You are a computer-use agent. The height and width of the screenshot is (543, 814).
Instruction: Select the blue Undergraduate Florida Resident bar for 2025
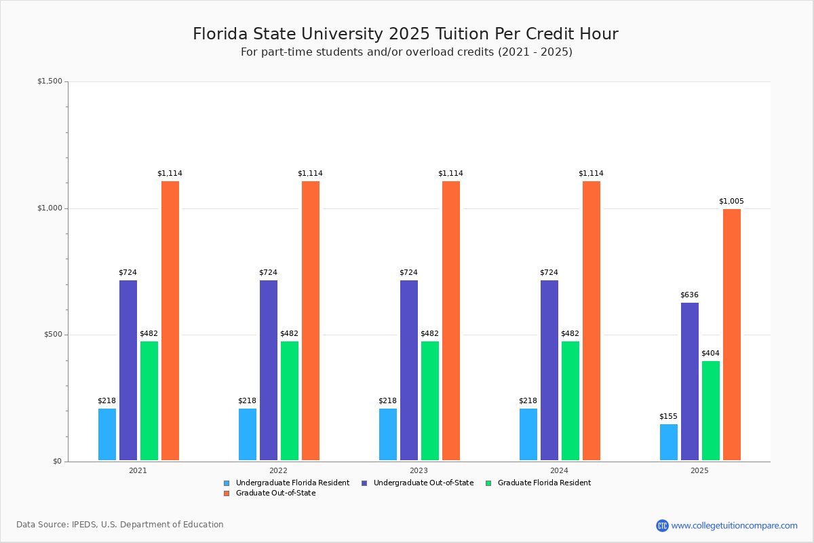pos(669,443)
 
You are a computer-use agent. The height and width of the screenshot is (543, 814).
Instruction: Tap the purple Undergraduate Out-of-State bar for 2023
pos(409,370)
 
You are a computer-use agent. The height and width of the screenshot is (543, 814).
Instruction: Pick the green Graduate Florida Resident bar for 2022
pos(290,400)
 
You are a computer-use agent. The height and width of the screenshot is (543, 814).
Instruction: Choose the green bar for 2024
pos(570,400)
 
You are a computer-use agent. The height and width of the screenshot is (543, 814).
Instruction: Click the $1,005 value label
pos(731,201)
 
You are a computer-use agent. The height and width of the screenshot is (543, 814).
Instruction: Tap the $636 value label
pos(689,295)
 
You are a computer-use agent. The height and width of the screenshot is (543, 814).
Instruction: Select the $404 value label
pos(710,353)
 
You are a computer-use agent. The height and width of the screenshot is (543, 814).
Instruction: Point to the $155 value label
pos(668,416)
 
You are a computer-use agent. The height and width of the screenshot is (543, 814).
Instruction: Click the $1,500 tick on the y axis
pos(50,81)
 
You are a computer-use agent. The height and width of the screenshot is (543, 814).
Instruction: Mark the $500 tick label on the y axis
pos(53,335)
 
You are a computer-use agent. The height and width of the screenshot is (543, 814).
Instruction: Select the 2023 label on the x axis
pos(419,470)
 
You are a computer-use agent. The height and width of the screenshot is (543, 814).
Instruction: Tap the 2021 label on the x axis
pos(138,470)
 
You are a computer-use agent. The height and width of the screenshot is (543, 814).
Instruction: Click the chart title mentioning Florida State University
pos(406,34)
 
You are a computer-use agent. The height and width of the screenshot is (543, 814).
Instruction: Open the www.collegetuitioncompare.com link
pos(734,525)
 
